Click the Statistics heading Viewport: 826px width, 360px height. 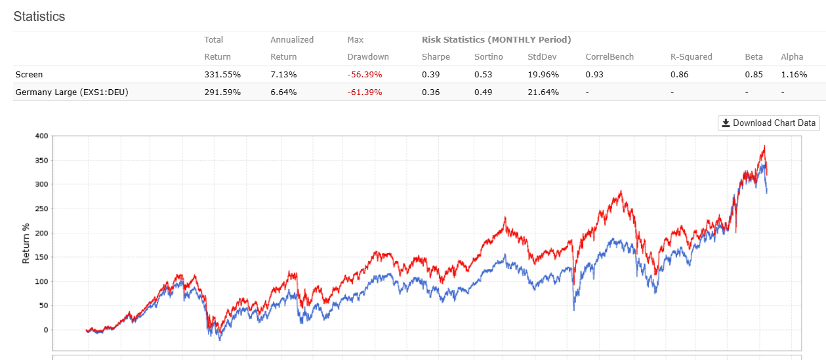(39, 16)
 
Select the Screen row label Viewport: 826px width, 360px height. (29, 75)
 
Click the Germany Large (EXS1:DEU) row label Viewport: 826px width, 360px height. (72, 92)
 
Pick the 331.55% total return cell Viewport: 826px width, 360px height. (222, 75)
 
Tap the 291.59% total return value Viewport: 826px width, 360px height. (222, 92)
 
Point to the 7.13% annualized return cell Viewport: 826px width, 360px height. (283, 75)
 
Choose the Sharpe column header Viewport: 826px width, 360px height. (436, 57)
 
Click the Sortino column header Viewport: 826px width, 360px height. (489, 57)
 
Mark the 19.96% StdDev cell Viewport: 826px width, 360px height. (543, 75)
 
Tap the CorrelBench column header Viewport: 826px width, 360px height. (609, 57)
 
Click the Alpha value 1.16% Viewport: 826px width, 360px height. (794, 75)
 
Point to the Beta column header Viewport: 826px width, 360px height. (754, 57)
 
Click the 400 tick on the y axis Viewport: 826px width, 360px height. (41, 136)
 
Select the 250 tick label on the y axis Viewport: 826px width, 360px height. (41, 209)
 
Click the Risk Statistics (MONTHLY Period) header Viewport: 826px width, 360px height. (496, 40)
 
